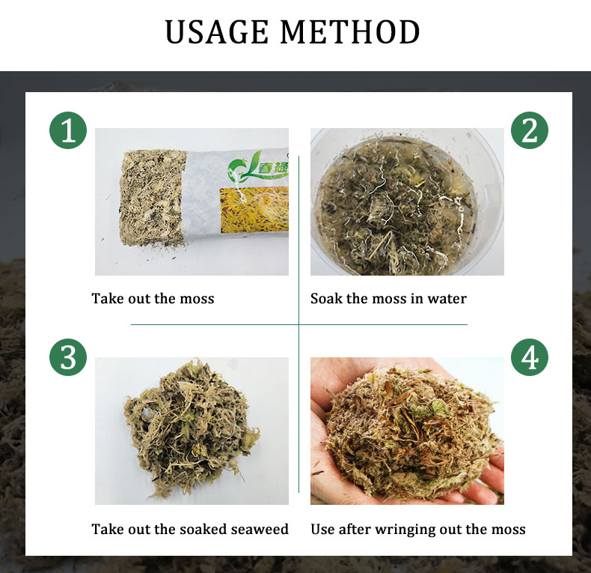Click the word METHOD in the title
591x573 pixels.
[x=349, y=33]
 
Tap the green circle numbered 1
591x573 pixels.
[x=68, y=131]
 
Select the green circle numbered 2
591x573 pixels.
[x=530, y=131]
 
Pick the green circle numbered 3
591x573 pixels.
[x=68, y=357]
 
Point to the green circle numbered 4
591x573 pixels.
[x=530, y=357]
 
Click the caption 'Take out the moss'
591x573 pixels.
[x=153, y=299]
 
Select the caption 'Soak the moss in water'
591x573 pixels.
[x=388, y=299]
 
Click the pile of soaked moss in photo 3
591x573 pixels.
[x=191, y=427]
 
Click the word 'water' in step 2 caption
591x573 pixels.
[x=447, y=299]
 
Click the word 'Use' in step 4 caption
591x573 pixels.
[x=323, y=530]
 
